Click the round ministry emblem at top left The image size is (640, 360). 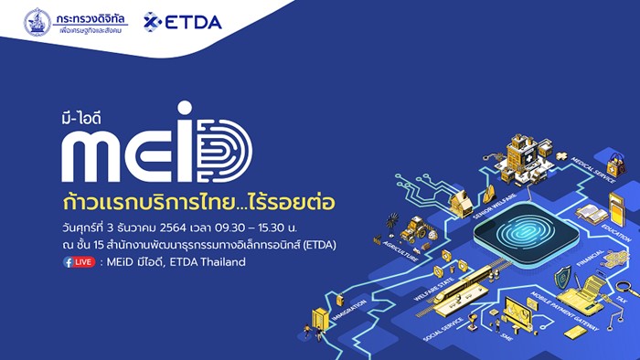click(x=37, y=22)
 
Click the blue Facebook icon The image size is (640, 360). click(x=69, y=261)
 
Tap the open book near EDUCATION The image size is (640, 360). click(x=590, y=216)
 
